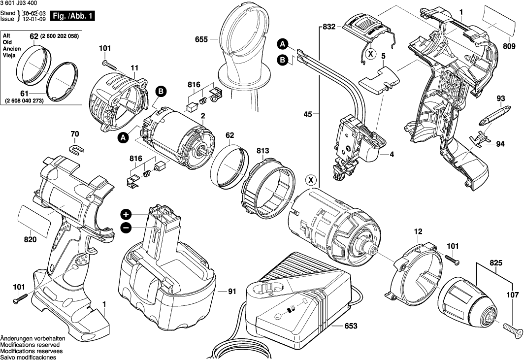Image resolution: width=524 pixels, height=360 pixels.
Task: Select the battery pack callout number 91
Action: click(232, 291)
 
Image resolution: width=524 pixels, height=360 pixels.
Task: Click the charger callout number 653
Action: click(351, 326)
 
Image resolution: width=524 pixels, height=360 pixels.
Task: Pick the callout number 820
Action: click(31, 240)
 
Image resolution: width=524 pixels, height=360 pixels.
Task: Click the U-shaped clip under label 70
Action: click(74, 148)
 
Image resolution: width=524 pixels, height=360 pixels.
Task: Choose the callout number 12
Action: click(418, 231)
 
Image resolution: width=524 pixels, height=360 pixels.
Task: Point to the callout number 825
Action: click(496, 263)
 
